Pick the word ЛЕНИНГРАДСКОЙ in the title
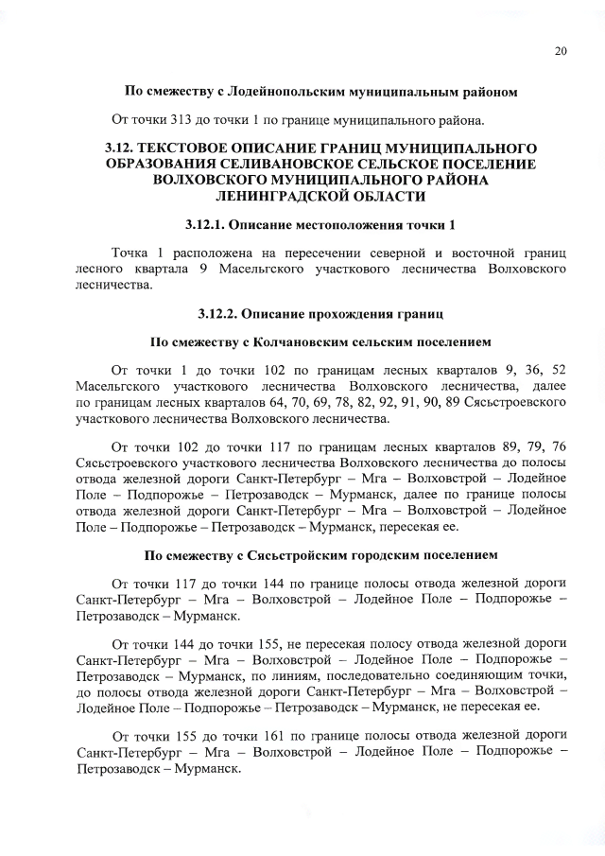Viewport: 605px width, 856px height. point(285,197)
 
